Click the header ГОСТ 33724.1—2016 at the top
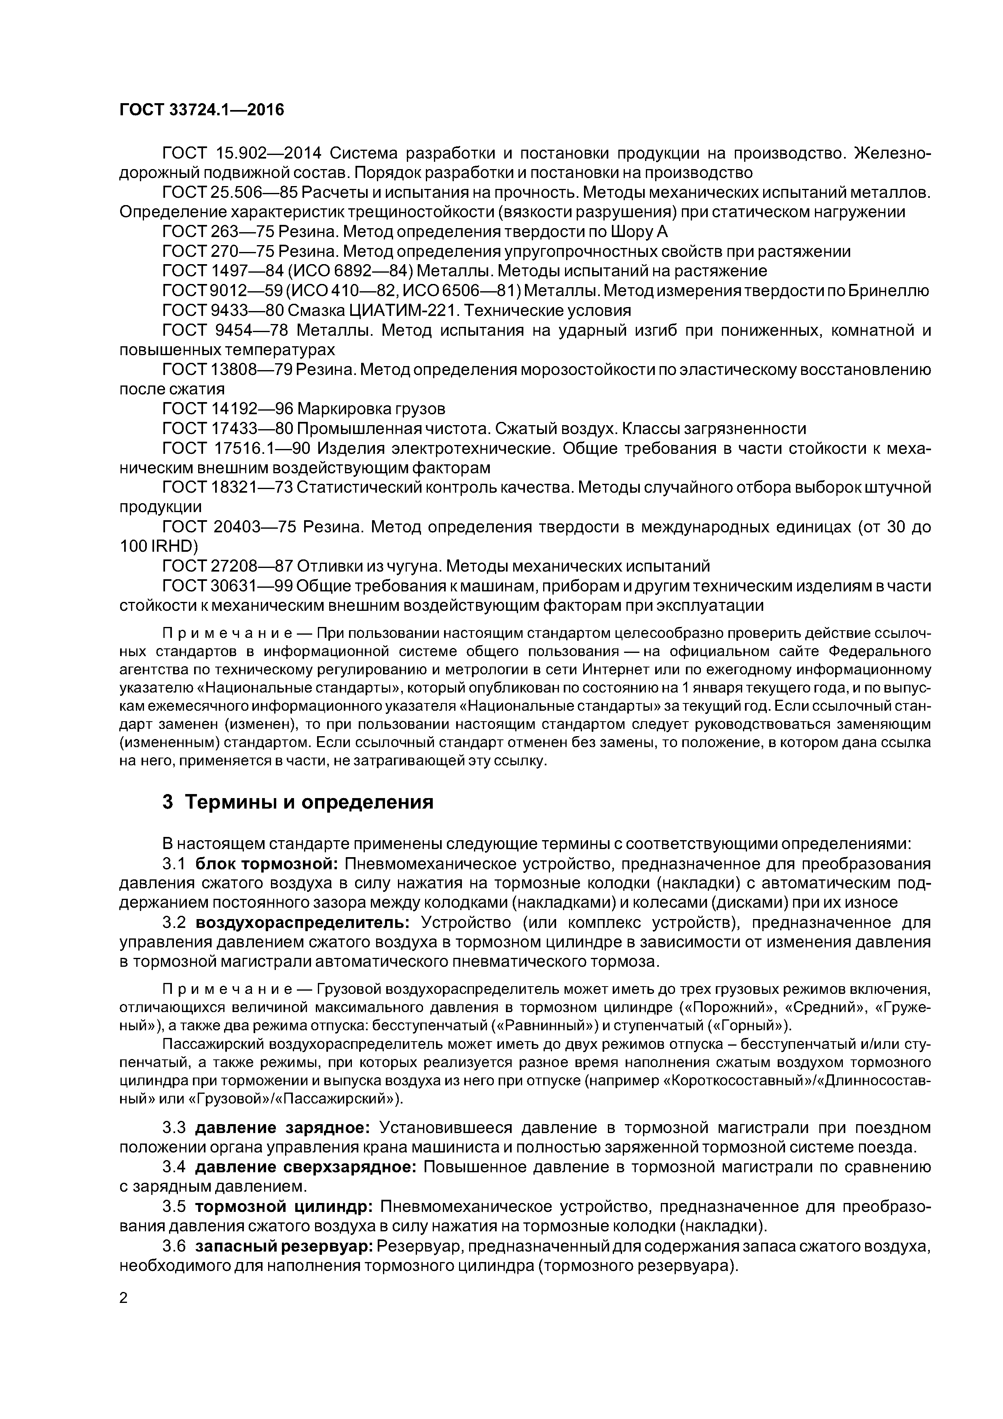(201, 110)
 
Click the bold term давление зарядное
(282, 1128)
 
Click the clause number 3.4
(174, 1167)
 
